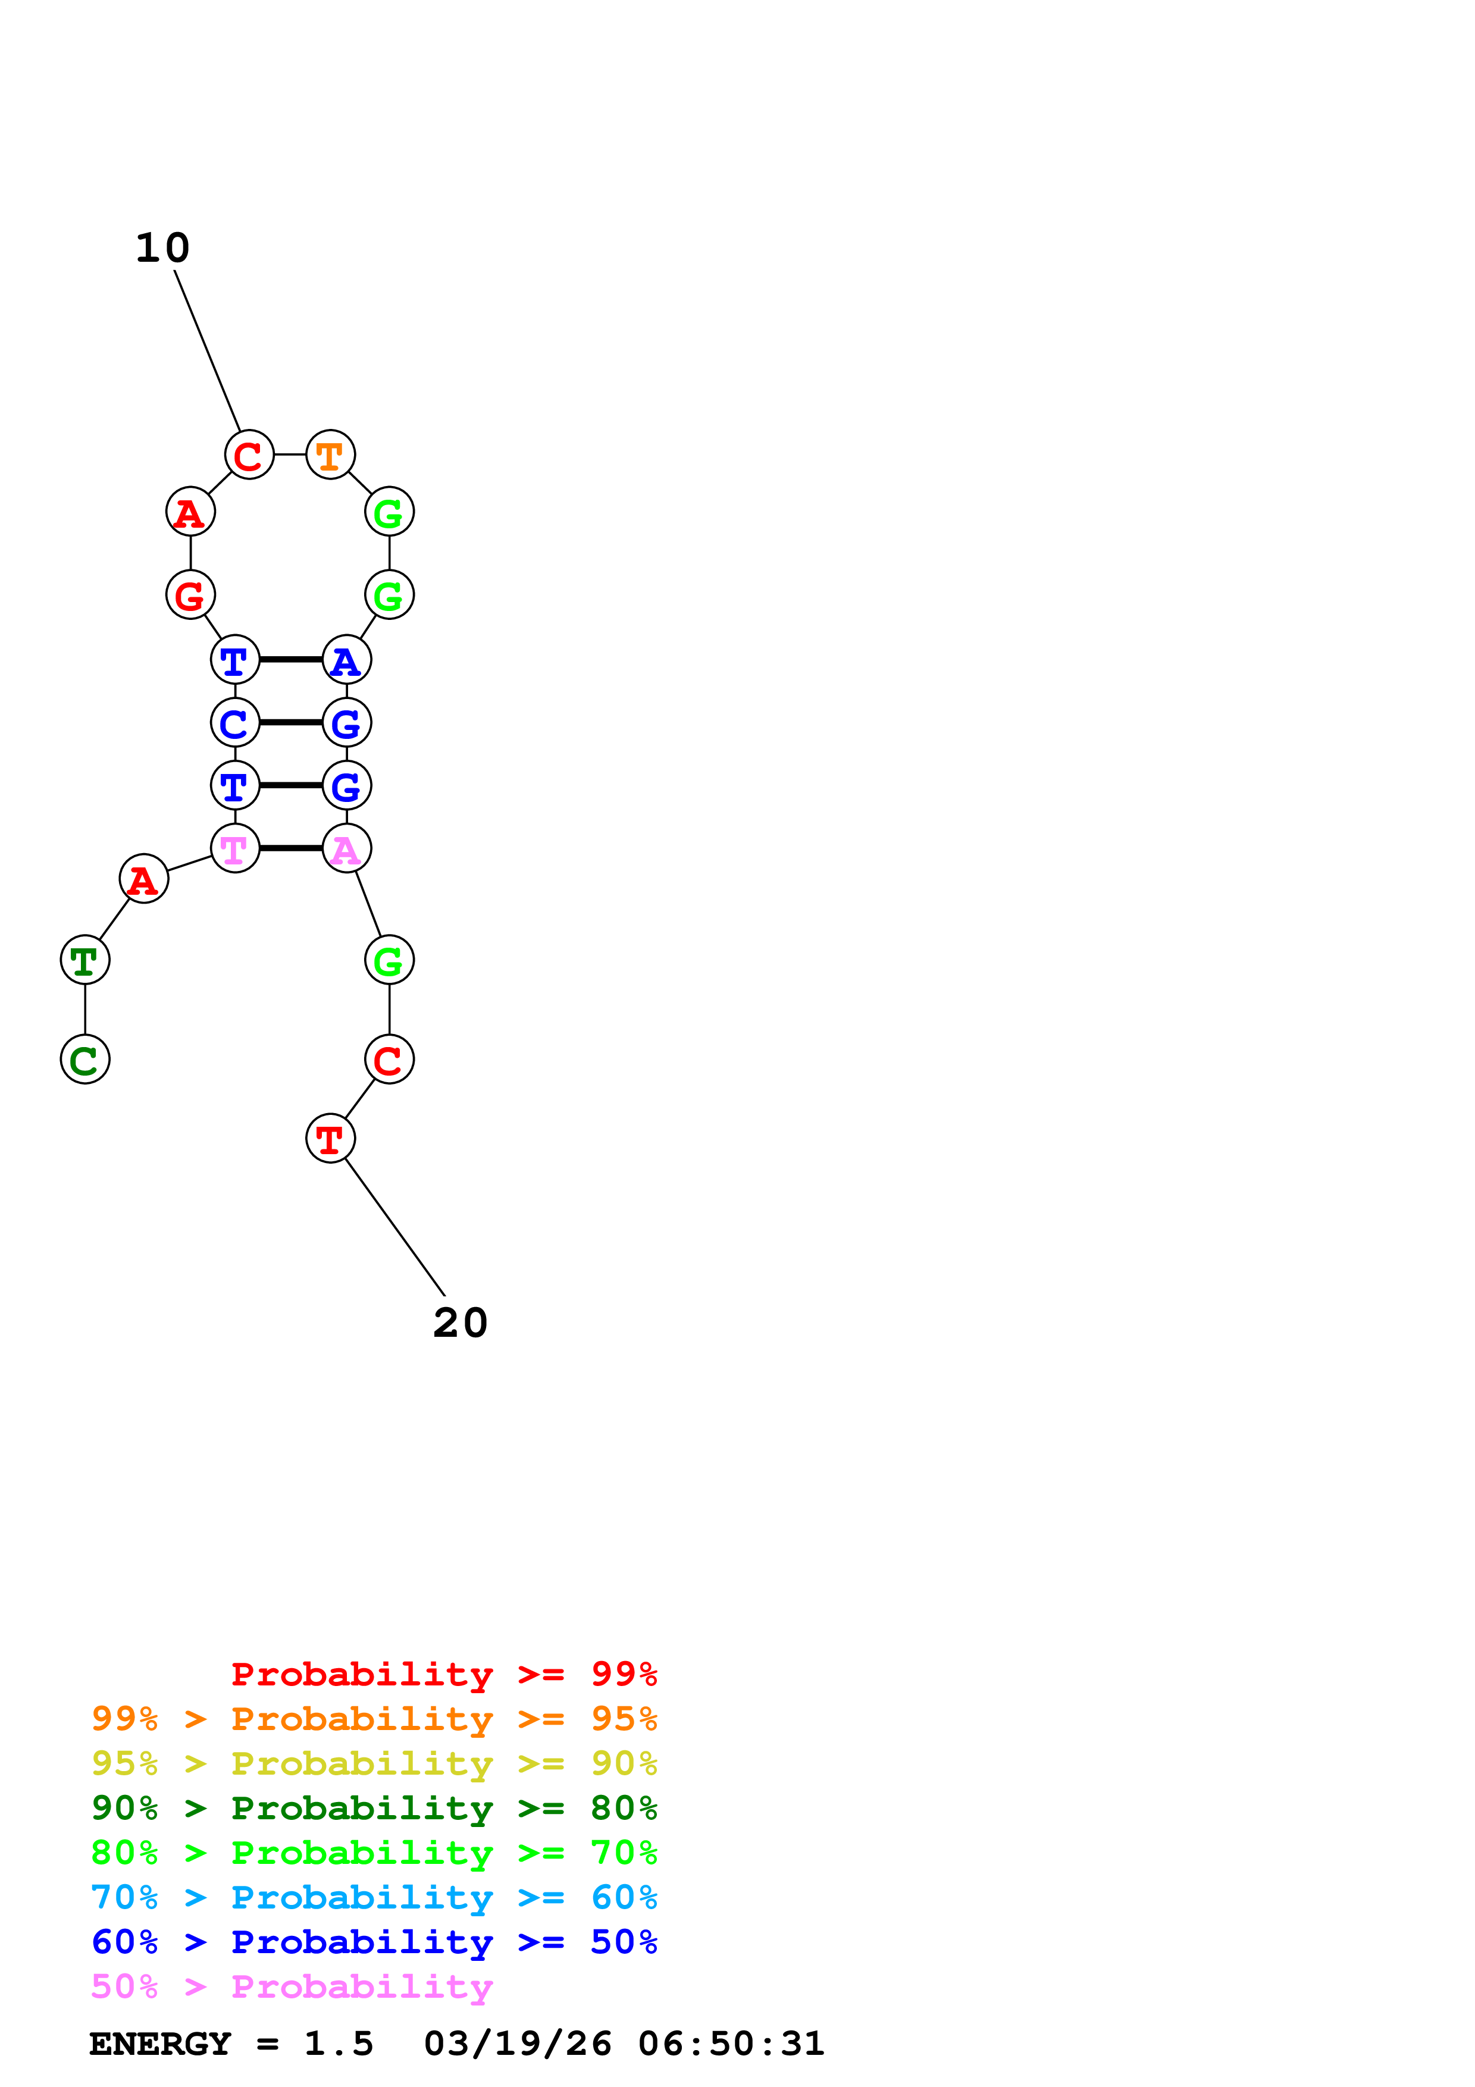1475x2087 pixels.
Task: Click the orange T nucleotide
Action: [x=330, y=455]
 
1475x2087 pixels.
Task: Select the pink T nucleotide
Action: [x=234, y=848]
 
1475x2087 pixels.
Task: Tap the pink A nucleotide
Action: [x=346, y=848]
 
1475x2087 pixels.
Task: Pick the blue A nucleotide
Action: [x=346, y=659]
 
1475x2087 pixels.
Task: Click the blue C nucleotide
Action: [x=234, y=723]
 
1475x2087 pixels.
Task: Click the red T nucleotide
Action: [x=330, y=1138]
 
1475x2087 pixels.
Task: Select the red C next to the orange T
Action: [x=249, y=455]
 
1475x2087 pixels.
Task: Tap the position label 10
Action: [x=162, y=248]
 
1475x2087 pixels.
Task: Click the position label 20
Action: [x=460, y=1324]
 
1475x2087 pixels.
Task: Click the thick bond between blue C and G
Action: [x=291, y=723]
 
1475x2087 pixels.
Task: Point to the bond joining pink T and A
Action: [x=291, y=848]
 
